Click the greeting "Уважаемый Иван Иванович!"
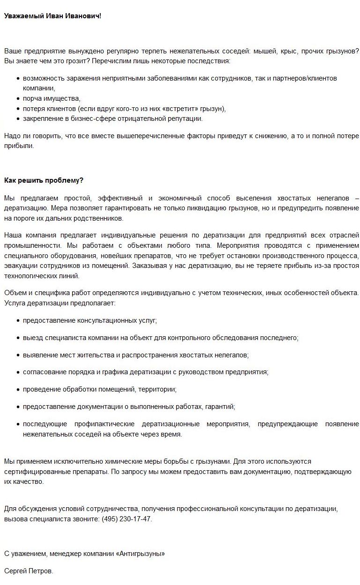tap(52, 16)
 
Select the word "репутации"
tap(187, 118)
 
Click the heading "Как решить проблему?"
tap(44, 180)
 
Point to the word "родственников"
tap(101, 218)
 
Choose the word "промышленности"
tap(29, 245)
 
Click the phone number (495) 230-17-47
tap(126, 519)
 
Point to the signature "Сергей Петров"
tap(28, 571)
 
